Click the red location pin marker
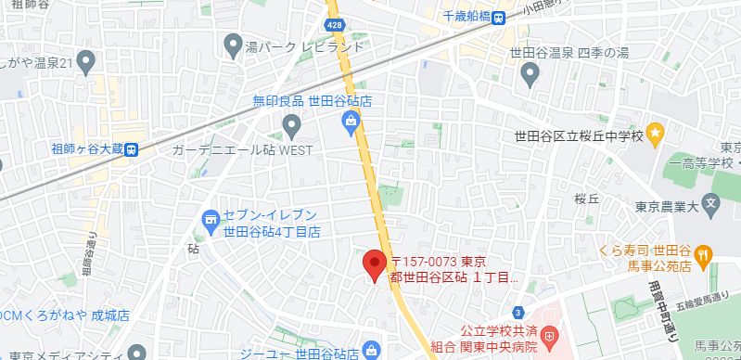coord(374,264)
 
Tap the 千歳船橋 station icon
coord(500,16)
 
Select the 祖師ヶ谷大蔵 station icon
coord(133,148)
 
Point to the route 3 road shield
coord(517,312)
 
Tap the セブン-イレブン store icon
coord(210,219)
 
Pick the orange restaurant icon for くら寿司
coord(705,251)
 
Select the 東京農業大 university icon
coord(710,202)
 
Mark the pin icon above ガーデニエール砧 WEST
coord(292,123)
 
